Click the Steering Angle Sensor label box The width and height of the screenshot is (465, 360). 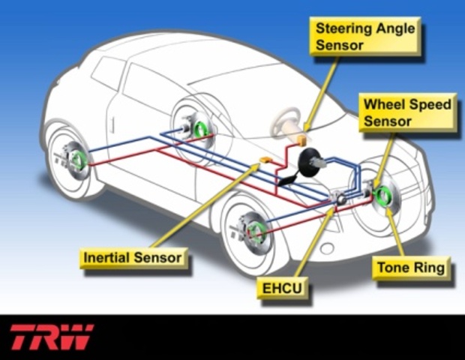click(364, 36)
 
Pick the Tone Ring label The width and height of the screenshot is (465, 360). click(410, 267)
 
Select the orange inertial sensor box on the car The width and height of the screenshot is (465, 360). click(265, 160)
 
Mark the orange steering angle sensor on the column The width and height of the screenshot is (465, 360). click(300, 140)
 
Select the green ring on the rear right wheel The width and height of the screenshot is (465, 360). click(201, 128)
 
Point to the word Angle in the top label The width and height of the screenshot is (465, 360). click(390, 28)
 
